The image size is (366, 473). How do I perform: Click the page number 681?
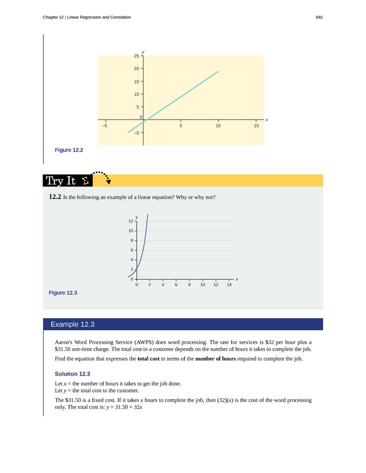pos(319,17)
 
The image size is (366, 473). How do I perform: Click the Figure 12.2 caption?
pos(69,150)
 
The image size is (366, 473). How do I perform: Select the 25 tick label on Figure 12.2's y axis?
pos(136,56)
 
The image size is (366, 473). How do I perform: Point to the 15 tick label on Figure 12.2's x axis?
pos(256,126)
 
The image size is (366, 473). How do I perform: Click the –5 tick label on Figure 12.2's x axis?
pos(105,126)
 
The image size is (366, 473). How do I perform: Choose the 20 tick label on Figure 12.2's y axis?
pos(136,68)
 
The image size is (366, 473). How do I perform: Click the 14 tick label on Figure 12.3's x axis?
pos(229,286)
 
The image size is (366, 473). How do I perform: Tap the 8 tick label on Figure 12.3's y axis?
pos(132,240)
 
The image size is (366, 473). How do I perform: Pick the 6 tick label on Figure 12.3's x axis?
pos(176,286)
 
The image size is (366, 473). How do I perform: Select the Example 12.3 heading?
pos(72,324)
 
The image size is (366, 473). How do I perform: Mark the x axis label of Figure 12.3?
pos(237,280)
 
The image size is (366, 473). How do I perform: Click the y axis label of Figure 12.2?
pos(143,52)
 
